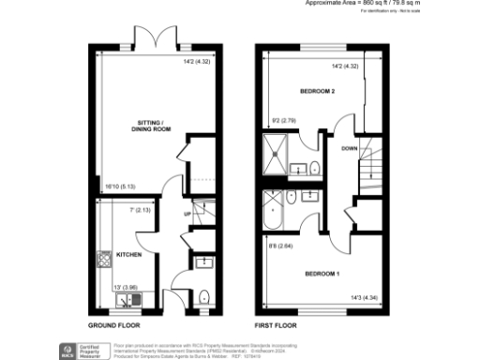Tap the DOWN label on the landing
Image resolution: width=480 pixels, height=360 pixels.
(349, 148)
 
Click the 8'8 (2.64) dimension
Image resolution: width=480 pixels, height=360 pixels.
(279, 247)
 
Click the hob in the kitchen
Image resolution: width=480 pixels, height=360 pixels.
(102, 257)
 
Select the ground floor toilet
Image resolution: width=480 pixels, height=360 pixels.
(203, 295)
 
